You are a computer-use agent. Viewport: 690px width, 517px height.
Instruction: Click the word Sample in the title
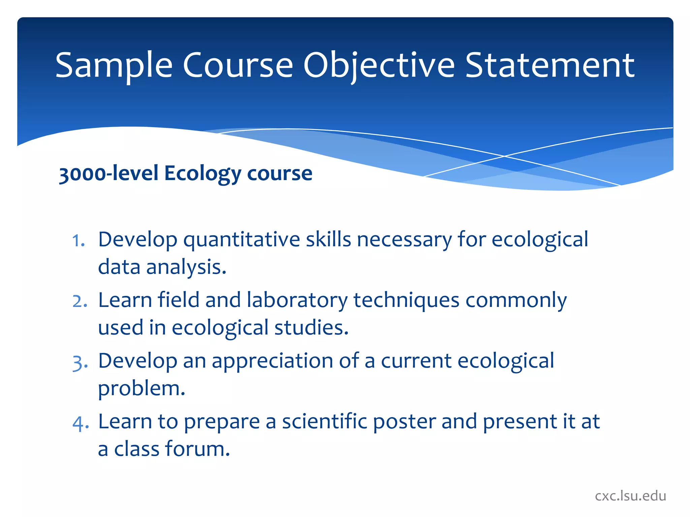point(114,66)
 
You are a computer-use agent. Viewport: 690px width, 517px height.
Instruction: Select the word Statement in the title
point(550,66)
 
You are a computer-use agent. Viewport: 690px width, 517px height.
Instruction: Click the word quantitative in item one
point(241,240)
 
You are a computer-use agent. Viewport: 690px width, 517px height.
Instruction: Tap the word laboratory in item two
point(297,300)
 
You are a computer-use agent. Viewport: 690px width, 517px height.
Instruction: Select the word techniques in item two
point(406,300)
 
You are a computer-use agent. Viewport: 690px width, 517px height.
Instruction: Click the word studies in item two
point(311,328)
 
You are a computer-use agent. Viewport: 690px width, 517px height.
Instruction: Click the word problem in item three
point(141,389)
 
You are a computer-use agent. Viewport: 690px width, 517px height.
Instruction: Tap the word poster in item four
point(404,422)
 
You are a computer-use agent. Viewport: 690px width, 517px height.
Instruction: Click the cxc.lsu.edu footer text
point(630,496)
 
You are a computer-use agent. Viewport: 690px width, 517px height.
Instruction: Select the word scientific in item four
point(324,422)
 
